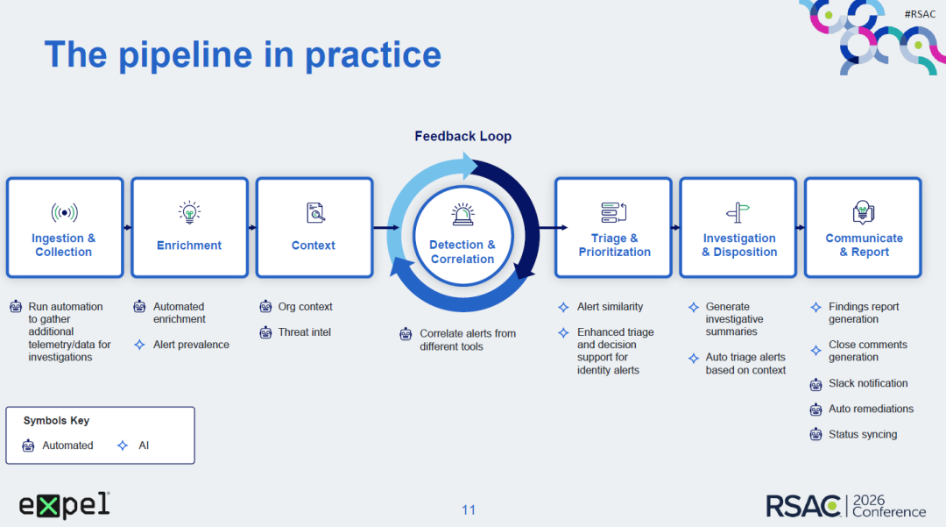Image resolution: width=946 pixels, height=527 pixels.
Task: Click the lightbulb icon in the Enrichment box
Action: (189, 212)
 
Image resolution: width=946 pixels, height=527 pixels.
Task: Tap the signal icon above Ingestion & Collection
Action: (65, 212)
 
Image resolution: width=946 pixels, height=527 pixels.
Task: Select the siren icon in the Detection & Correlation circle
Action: (462, 214)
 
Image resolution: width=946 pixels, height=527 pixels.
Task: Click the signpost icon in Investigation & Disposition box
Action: (738, 212)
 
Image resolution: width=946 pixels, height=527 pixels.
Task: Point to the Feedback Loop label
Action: (462, 137)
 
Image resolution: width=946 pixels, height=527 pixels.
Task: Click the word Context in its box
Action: (313, 246)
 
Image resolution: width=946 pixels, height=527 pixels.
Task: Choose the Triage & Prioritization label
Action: (614, 246)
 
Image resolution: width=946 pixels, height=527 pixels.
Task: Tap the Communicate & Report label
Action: (864, 246)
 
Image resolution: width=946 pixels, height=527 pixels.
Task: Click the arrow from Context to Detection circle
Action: (386, 228)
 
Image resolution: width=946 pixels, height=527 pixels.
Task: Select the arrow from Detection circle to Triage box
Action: (554, 228)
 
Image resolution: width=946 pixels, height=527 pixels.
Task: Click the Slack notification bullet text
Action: (868, 383)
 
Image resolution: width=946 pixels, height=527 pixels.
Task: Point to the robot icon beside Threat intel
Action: (265, 332)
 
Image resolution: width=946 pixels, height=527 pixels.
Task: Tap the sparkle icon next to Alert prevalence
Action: (139, 345)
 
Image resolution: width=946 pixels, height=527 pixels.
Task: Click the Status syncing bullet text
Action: (863, 435)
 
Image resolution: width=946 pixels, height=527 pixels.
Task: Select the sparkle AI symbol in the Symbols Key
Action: (123, 445)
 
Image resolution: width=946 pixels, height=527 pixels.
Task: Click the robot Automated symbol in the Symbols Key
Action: (28, 445)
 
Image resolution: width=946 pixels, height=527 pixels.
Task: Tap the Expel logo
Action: (65, 505)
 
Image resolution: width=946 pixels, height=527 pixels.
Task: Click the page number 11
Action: (469, 510)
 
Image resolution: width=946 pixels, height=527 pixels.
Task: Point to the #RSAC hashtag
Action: (920, 14)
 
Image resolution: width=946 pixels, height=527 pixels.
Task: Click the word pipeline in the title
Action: (185, 56)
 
